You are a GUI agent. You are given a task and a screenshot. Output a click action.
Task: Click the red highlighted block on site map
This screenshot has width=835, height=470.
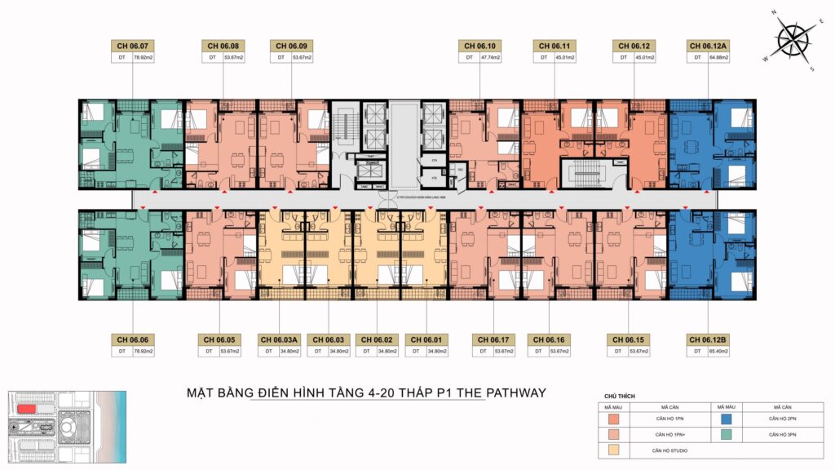(28, 408)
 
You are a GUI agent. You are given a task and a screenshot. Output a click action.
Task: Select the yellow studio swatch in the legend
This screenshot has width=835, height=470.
(613, 450)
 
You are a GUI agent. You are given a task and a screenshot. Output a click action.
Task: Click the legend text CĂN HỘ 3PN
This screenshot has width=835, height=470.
(780, 434)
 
